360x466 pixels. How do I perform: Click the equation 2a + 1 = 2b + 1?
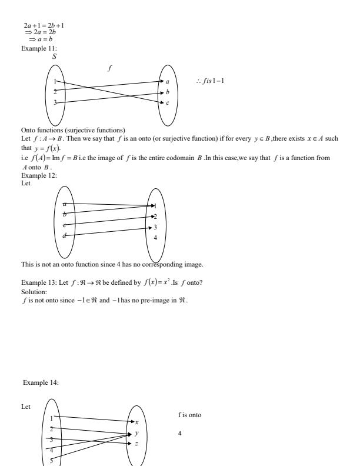pyautogui.click(x=44, y=25)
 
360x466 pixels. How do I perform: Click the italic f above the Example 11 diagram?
pyautogui.click(x=109, y=68)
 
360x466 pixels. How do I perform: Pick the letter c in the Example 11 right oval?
pyautogui.click(x=168, y=103)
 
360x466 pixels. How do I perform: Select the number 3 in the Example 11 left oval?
pyautogui.click(x=55, y=103)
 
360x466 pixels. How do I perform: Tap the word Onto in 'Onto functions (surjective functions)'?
pyautogui.click(x=27, y=128)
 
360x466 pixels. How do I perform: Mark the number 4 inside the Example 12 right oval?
pyautogui.click(x=155, y=238)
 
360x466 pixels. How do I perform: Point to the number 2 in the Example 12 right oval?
pyautogui.click(x=155, y=217)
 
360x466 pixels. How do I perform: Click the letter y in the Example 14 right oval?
pyautogui.click(x=136, y=433)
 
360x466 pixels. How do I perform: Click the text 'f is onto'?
pyautogui.click(x=189, y=415)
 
